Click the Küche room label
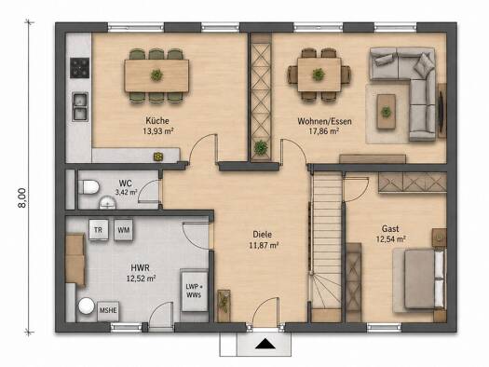[x=157, y=120]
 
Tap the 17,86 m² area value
[x=324, y=131]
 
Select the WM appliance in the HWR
[x=124, y=230]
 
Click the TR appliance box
[x=99, y=230]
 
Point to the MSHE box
[x=108, y=311]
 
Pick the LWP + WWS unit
[x=194, y=291]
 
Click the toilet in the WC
[x=88, y=187]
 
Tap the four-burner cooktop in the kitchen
[x=79, y=68]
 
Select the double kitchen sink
[x=80, y=106]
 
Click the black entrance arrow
[x=265, y=344]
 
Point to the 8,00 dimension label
[x=22, y=197]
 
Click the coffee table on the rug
[x=387, y=112]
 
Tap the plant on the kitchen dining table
[x=156, y=75]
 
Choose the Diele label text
[x=263, y=234]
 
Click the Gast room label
[x=390, y=228]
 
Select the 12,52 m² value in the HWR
[x=142, y=279]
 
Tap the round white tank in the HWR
[x=87, y=306]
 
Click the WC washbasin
[x=108, y=203]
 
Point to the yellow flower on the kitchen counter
[x=158, y=156]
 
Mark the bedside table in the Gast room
[x=440, y=238]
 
